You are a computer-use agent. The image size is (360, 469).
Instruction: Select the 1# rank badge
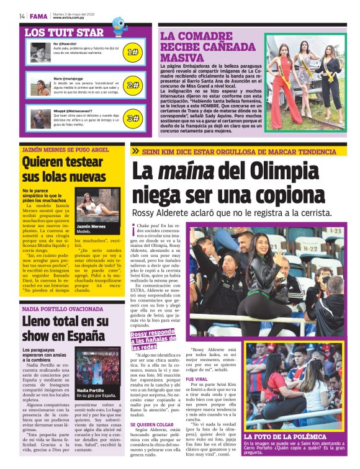[132, 53]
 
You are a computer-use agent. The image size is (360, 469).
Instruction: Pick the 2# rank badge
[132, 85]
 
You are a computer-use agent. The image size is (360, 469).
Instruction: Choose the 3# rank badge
[132, 117]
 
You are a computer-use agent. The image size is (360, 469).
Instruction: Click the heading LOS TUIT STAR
[64, 32]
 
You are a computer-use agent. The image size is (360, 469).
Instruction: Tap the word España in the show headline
[84, 336]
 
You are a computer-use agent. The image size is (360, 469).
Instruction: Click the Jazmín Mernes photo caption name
[90, 227]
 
